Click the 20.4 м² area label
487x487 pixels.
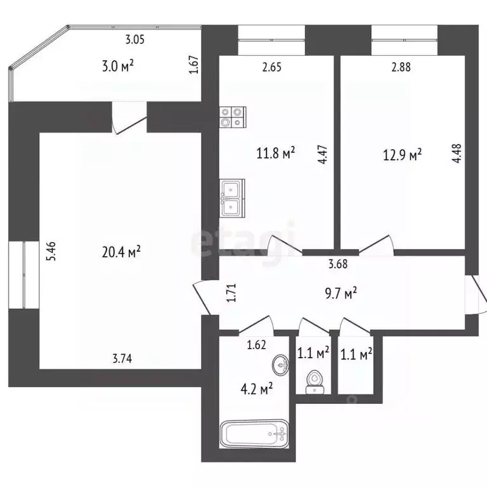[x=121, y=252]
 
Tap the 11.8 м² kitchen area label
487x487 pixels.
[x=275, y=153]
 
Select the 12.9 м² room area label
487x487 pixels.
[x=402, y=155]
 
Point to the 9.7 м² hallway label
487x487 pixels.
[x=341, y=293]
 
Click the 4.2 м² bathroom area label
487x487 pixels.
[x=257, y=389]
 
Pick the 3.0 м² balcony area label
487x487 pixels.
[x=118, y=67]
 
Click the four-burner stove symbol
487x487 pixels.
[x=233, y=117]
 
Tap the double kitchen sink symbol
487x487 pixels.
[x=232, y=198]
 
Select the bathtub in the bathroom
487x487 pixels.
[x=254, y=434]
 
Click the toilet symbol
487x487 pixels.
[x=315, y=382]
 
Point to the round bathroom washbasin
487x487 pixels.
[x=280, y=365]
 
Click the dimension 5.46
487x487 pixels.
[x=51, y=251]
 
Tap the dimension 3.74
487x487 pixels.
[x=122, y=359]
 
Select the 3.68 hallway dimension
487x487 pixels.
[x=338, y=264]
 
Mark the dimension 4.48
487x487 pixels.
[x=457, y=153]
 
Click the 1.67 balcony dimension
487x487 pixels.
[x=194, y=64]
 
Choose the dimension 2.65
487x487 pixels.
[x=272, y=67]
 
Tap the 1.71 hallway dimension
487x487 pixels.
[x=231, y=293]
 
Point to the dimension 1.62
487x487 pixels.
[x=257, y=345]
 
